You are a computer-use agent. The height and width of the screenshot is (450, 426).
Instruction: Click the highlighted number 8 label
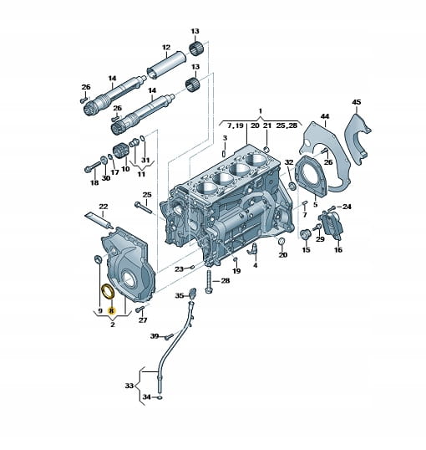[111, 310]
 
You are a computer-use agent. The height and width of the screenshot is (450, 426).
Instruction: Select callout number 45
[357, 102]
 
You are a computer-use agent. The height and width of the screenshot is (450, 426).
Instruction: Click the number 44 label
[325, 116]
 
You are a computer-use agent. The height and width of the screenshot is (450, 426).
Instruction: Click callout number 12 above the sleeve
[166, 47]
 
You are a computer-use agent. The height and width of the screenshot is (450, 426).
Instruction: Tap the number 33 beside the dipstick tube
[129, 386]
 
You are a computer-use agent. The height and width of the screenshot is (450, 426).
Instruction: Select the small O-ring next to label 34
[160, 397]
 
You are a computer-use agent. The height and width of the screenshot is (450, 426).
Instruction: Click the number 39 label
[155, 336]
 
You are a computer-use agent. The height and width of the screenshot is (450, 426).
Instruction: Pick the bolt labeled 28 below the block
[209, 282]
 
